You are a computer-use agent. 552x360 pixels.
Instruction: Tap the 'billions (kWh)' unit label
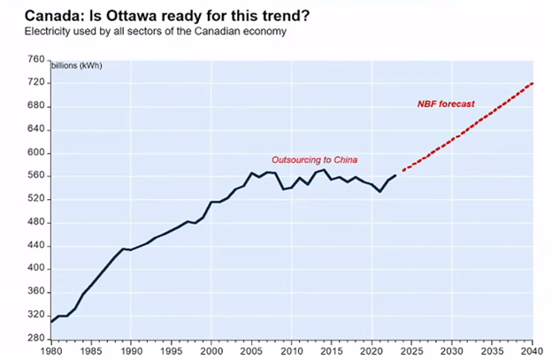point(77,65)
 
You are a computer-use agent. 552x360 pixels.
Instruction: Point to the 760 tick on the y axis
point(36,59)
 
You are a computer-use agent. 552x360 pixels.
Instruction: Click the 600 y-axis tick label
point(36,152)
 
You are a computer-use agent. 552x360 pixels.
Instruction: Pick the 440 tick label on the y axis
point(36,245)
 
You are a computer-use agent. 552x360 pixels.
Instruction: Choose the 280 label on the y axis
point(36,338)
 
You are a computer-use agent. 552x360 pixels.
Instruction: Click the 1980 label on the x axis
point(51,351)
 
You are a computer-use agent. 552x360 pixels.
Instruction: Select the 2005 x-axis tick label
point(251,351)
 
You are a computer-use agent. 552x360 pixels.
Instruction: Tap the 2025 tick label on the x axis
point(411,351)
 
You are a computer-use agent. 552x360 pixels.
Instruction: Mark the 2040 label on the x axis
point(532,351)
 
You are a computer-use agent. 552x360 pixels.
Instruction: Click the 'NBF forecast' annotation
point(446,103)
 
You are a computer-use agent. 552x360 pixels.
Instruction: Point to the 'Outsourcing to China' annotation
point(314,160)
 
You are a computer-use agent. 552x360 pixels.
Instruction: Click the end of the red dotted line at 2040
point(533,83)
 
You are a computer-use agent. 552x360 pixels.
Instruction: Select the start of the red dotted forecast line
point(403,171)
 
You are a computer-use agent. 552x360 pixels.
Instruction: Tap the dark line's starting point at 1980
point(51,322)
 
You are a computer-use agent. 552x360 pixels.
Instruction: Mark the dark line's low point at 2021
point(379,191)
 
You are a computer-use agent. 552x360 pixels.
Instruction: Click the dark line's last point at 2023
point(395,175)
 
